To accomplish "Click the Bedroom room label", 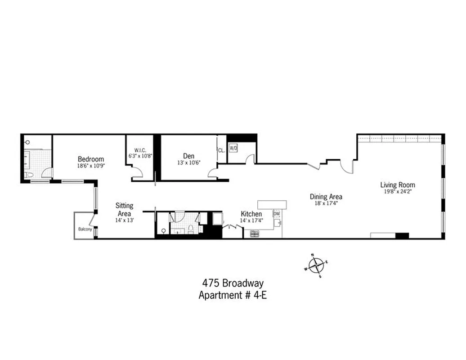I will pos(91,159).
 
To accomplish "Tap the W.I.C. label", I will pos(140,150).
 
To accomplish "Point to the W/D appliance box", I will pos(233,148).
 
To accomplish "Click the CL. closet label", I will pos(221,151).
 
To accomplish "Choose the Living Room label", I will pos(398,184).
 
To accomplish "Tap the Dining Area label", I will pos(326,197).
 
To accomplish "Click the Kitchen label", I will pos(251,214).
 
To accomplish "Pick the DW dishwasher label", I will pos(276,214).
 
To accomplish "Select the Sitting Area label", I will pos(125,210).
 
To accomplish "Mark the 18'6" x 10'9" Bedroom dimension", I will pos(91,166).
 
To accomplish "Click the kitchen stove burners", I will pos(255,233).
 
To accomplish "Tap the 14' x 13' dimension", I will pos(125,220).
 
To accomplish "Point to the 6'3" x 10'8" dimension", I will pos(140,156).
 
